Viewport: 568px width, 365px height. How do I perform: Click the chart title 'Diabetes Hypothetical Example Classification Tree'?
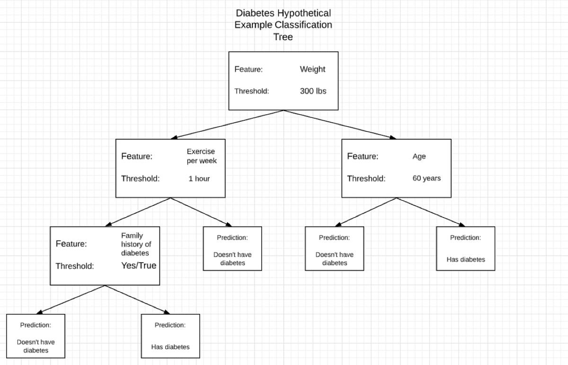point(283,25)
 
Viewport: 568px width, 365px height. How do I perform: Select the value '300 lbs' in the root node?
point(313,91)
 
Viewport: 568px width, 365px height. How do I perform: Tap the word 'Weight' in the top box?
point(312,69)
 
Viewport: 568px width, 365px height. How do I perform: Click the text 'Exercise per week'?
point(201,156)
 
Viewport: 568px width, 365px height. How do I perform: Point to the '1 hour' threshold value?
point(199,179)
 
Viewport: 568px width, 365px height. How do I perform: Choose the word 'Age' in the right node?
point(419,156)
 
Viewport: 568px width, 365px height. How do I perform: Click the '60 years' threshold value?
point(426,179)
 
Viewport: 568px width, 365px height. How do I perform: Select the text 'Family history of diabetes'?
point(136,244)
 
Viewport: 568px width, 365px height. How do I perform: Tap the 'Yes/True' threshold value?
point(139,265)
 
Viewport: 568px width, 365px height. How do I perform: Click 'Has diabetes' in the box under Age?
point(465,259)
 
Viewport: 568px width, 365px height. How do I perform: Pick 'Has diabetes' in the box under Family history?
point(170,347)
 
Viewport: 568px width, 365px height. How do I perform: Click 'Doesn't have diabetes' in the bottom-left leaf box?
point(35,346)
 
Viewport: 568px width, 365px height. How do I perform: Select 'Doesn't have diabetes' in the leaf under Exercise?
point(232,258)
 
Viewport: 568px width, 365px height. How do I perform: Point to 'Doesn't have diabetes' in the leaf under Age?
point(334,258)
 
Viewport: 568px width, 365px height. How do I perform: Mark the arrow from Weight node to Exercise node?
point(227,125)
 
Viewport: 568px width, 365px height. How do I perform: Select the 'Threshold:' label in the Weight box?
point(251,91)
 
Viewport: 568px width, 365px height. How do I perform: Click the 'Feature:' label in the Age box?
point(362,156)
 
